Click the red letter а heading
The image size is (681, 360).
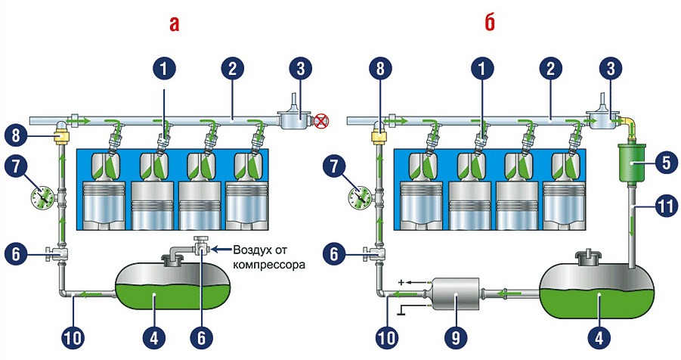175,24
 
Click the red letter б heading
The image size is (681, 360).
489,23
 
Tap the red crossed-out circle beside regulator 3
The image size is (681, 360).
322,119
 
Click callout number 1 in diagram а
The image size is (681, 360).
163,69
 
